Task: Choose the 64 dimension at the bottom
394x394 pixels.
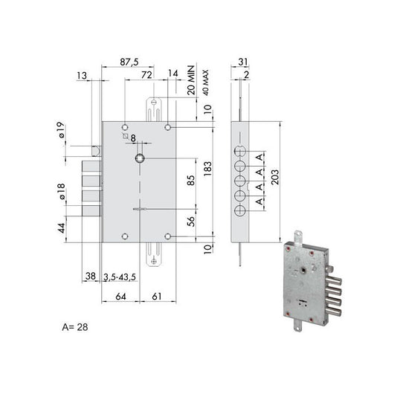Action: coord(120,297)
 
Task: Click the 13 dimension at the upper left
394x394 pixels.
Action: coord(82,75)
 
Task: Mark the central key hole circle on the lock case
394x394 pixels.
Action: coord(140,158)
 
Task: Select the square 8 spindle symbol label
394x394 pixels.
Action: coord(129,138)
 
